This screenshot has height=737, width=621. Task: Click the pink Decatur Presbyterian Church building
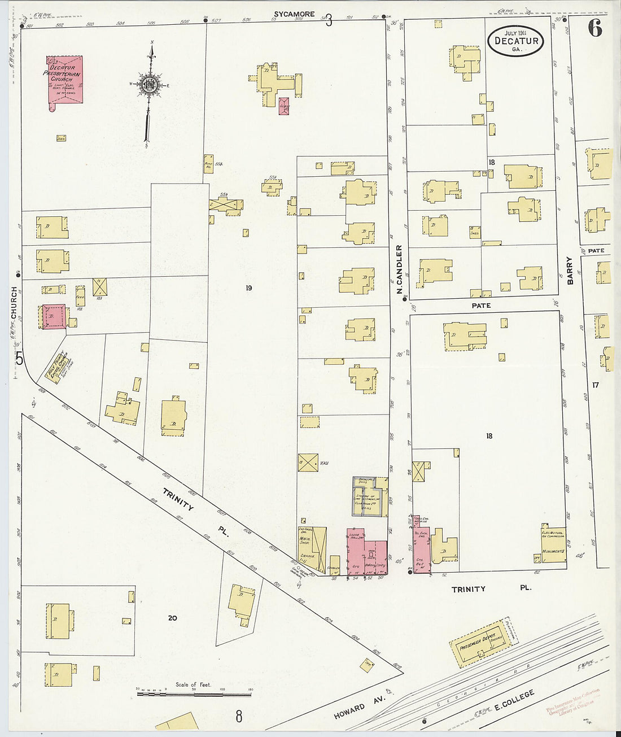(64, 79)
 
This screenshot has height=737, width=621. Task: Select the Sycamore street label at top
(294, 14)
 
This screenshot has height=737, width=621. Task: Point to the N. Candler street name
(399, 269)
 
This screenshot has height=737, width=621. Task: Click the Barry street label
(570, 271)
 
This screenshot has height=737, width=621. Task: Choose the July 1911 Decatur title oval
(516, 41)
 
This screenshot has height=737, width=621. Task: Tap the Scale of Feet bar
(194, 693)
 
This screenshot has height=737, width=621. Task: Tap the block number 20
(172, 618)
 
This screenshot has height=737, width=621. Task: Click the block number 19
(248, 288)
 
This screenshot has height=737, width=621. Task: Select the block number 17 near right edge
(595, 385)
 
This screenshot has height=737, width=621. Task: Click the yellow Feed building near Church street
(80, 295)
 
